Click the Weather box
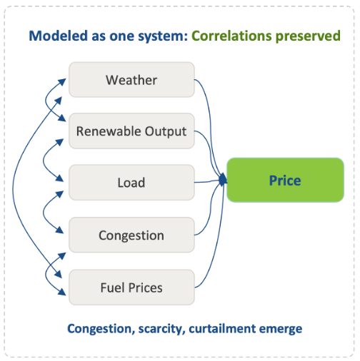(131, 80)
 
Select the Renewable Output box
(131, 131)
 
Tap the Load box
(131, 183)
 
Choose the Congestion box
(131, 235)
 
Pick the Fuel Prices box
(131, 288)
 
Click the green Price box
(285, 180)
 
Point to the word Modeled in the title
(59, 36)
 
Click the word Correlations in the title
(231, 36)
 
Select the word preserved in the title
(308, 36)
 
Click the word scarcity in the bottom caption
(162, 329)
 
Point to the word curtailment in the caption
(222, 328)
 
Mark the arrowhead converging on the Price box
(223, 180)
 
